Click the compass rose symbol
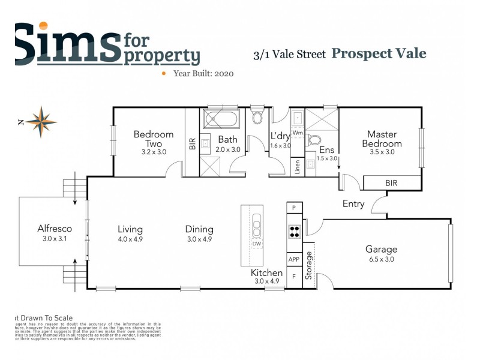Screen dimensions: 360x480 [x=41, y=121]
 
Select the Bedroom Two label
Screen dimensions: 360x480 [x=154, y=139]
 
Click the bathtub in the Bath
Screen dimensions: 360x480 [x=221, y=119]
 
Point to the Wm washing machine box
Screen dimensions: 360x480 [x=298, y=132]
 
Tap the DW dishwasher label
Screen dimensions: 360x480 [x=256, y=244]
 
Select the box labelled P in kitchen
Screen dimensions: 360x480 [x=294, y=208]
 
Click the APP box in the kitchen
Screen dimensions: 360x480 [x=294, y=259]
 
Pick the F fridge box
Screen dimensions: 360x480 [x=294, y=278]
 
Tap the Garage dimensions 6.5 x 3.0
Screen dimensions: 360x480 [x=382, y=259]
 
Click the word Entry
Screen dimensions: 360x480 [x=353, y=204]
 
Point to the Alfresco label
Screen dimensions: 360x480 [x=55, y=229]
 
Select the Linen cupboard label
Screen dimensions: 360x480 [x=297, y=167]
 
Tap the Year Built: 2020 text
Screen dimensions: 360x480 [x=203, y=73]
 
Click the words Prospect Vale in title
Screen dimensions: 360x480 [x=379, y=53]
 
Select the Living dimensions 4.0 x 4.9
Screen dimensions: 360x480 [x=130, y=239]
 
